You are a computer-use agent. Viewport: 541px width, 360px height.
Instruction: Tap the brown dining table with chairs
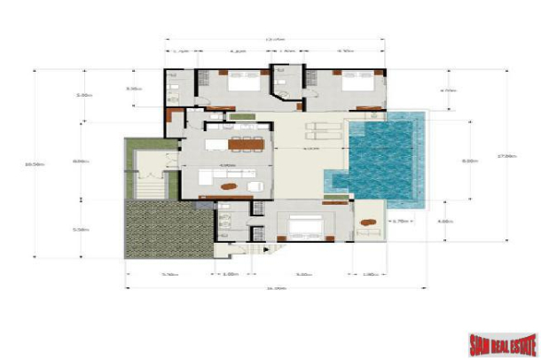point(241,144)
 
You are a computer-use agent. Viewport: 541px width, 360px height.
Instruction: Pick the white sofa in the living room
point(255,186)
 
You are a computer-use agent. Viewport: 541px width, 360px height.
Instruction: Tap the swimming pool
point(381,155)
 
